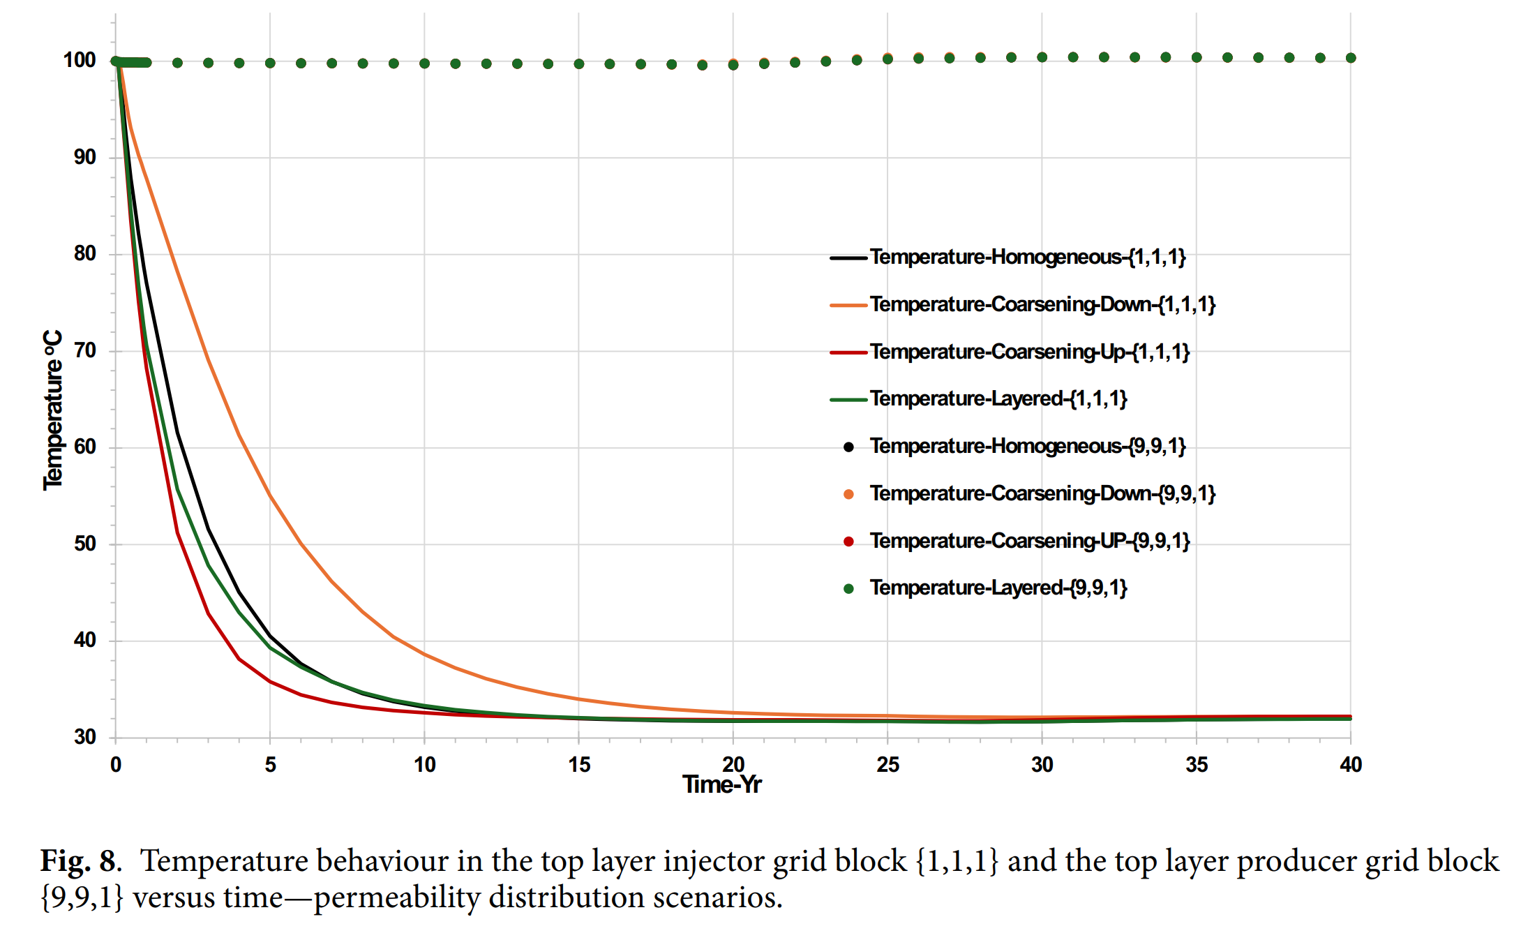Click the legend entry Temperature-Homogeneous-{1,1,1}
1027,258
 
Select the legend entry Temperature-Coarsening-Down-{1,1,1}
1042,305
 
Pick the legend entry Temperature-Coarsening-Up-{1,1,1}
1029,352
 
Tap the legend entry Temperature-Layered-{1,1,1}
998,399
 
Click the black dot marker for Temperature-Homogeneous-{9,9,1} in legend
848,447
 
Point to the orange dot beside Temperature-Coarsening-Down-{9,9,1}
848,494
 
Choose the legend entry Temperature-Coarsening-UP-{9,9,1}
1029,541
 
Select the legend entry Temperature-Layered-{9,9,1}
998,588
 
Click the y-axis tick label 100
80,61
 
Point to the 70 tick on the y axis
85,350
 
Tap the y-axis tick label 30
85,737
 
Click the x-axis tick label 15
579,765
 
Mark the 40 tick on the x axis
1351,765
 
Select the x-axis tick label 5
270,765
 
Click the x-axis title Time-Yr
722,785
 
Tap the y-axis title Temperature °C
53,410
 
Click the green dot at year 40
1351,58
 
